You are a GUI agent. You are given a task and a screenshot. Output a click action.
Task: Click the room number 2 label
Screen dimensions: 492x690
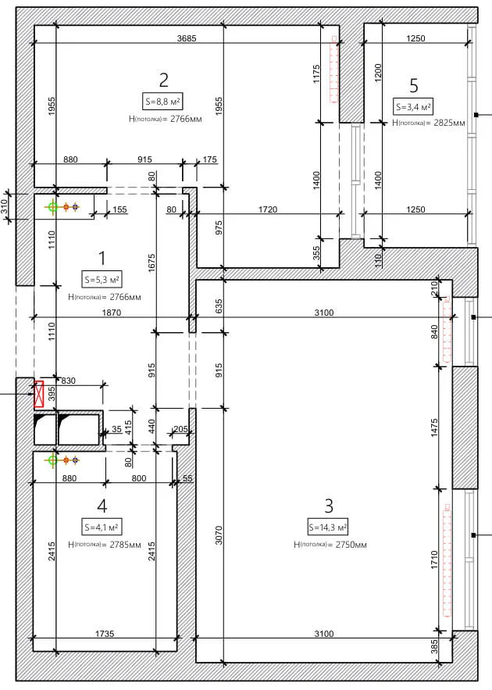click(x=163, y=80)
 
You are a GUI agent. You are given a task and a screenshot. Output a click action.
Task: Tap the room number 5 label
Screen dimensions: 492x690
click(x=414, y=85)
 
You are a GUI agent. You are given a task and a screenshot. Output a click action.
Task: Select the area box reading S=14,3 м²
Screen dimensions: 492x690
click(x=329, y=527)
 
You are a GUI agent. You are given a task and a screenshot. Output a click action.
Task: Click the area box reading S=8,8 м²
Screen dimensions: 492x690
click(x=162, y=102)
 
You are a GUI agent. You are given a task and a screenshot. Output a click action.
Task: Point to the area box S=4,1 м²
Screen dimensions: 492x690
click(x=102, y=527)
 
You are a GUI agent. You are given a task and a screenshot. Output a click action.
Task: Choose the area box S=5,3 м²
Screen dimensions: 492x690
click(x=102, y=280)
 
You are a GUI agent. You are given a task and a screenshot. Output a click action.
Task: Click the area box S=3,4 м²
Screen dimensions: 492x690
click(x=413, y=106)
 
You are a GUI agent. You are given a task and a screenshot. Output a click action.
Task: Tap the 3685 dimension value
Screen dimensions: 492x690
click(x=187, y=38)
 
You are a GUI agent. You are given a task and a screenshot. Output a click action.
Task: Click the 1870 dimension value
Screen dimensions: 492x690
click(x=111, y=313)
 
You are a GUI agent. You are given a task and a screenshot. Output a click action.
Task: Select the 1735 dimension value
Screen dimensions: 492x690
click(x=105, y=634)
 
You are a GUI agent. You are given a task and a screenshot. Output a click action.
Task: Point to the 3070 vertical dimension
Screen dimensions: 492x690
click(x=219, y=535)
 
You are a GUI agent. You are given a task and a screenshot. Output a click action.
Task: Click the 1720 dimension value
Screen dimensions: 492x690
click(x=267, y=209)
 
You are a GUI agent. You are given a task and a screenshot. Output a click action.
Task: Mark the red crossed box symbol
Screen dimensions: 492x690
click(x=39, y=394)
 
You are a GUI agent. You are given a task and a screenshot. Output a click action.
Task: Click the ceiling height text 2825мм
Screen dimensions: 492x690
click(x=449, y=123)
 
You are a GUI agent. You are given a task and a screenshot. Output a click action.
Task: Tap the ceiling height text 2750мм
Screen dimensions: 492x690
click(x=351, y=545)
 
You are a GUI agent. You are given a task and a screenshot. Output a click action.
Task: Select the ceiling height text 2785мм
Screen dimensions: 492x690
click(x=125, y=545)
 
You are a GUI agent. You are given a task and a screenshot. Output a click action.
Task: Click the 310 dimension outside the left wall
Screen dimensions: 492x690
click(x=4, y=207)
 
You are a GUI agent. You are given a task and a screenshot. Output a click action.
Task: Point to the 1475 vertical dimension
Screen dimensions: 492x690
click(x=434, y=427)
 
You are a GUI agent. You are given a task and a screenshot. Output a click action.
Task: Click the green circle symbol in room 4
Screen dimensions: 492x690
click(x=53, y=460)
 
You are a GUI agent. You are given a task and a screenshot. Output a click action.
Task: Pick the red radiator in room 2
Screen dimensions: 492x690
click(x=334, y=70)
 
